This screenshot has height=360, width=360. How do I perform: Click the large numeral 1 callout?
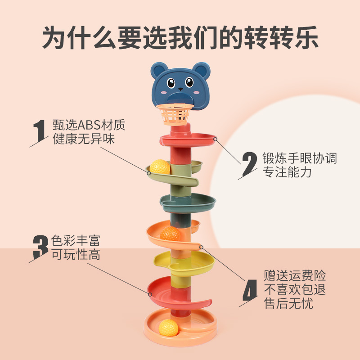click(41, 130)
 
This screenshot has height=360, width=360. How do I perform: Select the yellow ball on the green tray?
click(160, 167)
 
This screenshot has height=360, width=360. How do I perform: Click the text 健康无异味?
click(84, 139)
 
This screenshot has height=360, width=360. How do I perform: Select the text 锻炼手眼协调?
click(300, 158)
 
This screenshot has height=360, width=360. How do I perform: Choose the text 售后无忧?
click(288, 304)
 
